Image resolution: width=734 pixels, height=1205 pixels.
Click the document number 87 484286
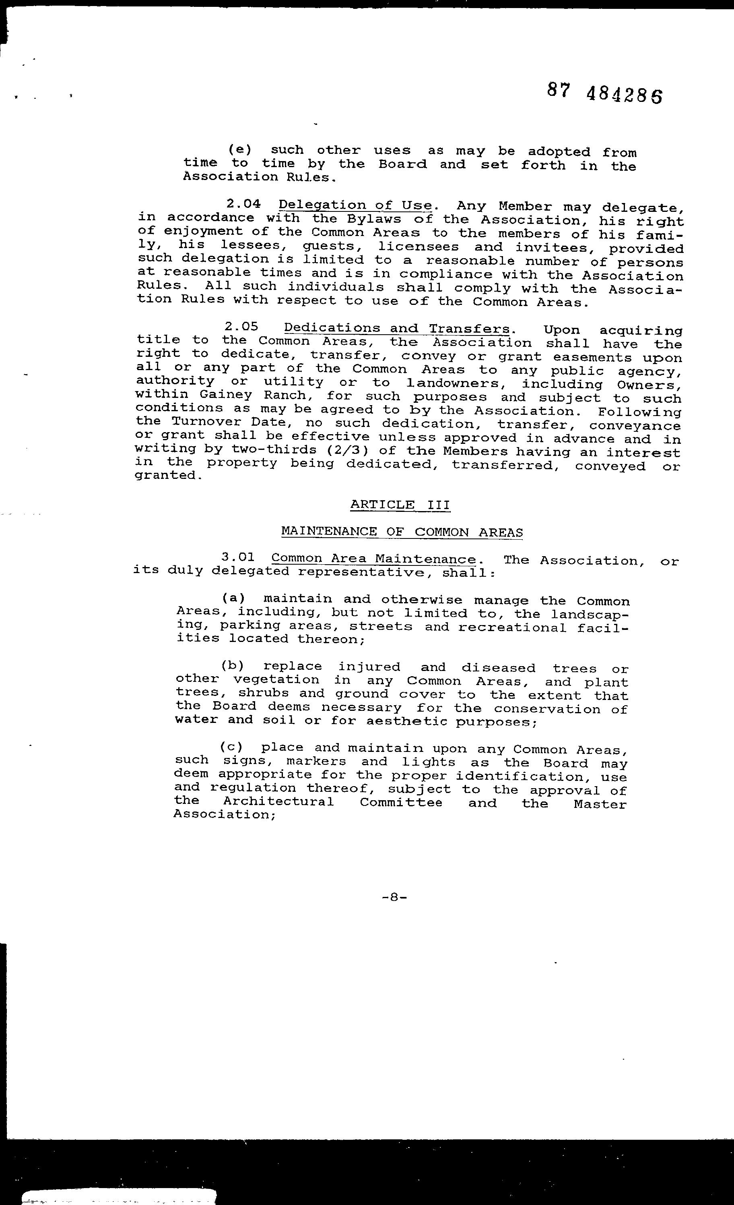pos(604,93)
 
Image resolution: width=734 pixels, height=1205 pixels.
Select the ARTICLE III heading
pos(400,505)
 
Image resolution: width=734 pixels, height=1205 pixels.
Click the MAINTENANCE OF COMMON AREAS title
pos(402,532)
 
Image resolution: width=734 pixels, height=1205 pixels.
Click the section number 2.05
pos(241,327)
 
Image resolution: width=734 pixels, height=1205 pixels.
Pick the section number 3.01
pos(238,557)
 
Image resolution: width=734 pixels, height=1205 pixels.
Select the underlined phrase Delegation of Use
pos(355,206)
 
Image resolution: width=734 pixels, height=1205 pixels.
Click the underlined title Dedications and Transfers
pos(397,328)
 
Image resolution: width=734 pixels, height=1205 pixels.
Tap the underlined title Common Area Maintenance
pos(373,559)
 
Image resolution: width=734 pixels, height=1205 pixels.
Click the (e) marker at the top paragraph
pos(240,150)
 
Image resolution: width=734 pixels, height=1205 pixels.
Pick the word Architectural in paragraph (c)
pos(278,801)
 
